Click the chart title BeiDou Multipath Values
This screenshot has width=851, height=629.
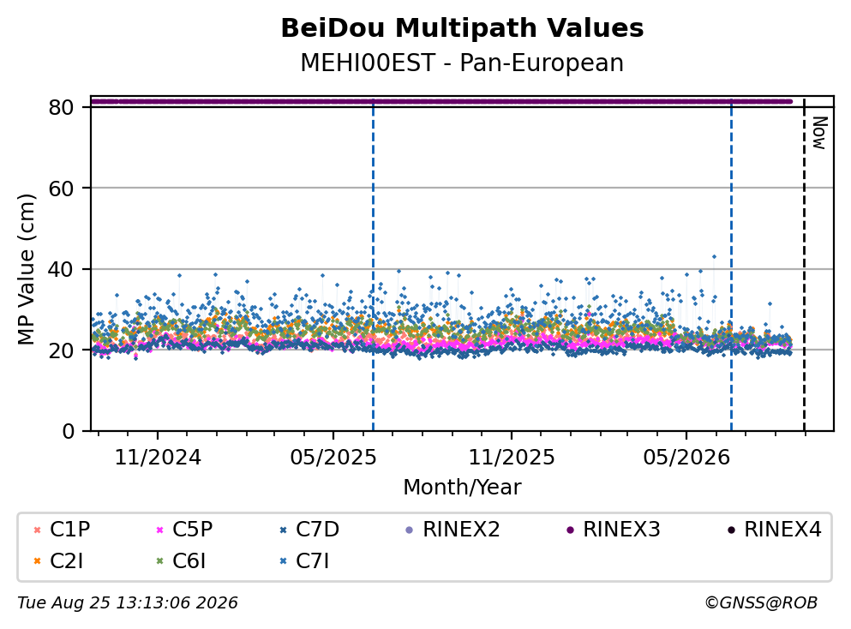(462, 28)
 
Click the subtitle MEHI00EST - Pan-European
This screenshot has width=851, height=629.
(462, 63)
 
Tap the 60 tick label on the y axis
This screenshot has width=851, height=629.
(62, 189)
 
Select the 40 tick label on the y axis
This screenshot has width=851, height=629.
(62, 269)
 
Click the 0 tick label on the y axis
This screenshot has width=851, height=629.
(69, 431)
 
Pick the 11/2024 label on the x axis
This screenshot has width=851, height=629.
(158, 458)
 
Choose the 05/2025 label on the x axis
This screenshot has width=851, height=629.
(333, 458)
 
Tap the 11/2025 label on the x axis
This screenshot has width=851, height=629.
(512, 458)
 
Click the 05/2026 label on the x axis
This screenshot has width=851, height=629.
(686, 458)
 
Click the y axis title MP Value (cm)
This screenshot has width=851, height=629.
(26, 269)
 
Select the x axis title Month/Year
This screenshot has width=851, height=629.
(462, 488)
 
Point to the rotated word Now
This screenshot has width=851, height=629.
(819, 133)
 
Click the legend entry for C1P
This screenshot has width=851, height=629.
(63, 529)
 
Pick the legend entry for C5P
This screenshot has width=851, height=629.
(185, 529)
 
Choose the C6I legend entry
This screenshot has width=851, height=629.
(182, 561)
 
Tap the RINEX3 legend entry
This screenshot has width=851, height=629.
(614, 529)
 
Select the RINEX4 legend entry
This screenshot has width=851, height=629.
(775, 529)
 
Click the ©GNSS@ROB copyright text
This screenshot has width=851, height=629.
(761, 603)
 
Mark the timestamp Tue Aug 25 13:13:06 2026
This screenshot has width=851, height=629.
(128, 603)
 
